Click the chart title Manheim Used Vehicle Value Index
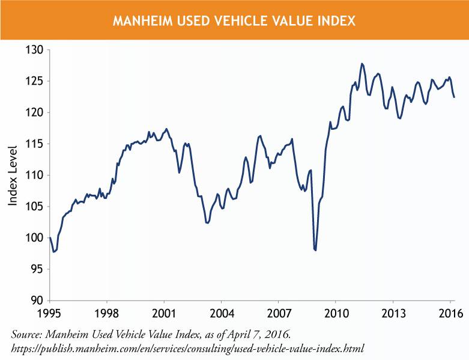(x=234, y=21)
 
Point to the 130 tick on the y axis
(x=35, y=50)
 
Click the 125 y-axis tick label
(x=35, y=81)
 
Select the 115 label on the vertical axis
(x=35, y=144)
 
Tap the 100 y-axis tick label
(x=35, y=238)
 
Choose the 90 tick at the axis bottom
(x=38, y=301)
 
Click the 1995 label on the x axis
(x=50, y=313)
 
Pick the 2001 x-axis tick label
(x=164, y=313)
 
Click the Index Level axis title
(x=13, y=175)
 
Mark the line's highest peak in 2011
(x=362, y=64)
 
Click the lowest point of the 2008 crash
(x=315, y=250)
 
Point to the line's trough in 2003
(x=207, y=223)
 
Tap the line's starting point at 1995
(x=50, y=238)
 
